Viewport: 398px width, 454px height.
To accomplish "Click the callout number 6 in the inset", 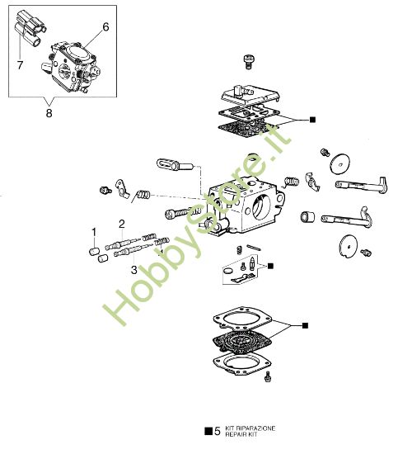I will pos(105,26).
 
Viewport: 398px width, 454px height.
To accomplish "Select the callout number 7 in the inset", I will pos(21,63).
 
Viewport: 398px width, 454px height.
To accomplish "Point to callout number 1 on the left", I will pos(94,230).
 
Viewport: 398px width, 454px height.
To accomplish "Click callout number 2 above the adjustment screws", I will pos(121,224).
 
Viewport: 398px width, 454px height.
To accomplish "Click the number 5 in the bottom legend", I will pos(217,430).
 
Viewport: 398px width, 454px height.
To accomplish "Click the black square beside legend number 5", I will pos(207,430).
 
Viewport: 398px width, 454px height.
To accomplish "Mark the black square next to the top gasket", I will pos(312,120).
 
